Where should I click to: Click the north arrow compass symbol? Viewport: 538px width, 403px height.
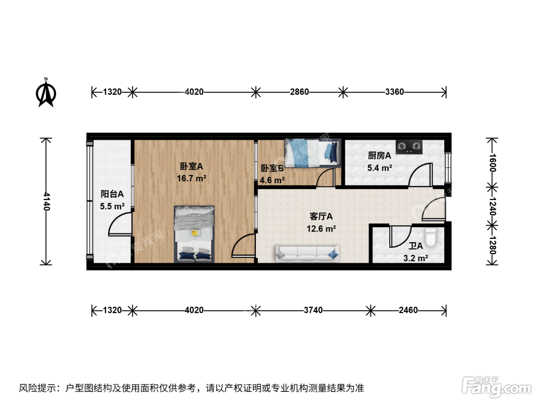[46, 92]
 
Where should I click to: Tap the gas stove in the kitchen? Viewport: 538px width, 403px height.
[409, 147]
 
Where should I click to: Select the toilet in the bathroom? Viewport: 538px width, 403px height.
[431, 237]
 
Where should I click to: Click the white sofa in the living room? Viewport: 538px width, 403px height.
[307, 254]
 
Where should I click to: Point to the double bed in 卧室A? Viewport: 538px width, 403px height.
[194, 234]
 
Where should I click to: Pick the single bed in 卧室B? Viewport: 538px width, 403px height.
[313, 153]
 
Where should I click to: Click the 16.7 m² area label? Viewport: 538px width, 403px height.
[191, 178]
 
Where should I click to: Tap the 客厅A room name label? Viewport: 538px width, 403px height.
[321, 216]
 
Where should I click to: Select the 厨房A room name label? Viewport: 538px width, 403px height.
[379, 155]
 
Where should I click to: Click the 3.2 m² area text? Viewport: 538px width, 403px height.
[416, 258]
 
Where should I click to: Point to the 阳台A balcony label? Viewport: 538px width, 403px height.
[112, 194]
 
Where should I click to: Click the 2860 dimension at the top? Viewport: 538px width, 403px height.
[299, 92]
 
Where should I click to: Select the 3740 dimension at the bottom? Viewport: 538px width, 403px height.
[313, 310]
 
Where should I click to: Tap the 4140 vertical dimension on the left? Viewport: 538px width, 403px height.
[46, 201]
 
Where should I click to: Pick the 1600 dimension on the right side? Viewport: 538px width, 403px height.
[492, 163]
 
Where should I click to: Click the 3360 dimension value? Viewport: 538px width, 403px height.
[394, 92]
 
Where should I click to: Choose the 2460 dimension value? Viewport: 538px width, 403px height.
[408, 310]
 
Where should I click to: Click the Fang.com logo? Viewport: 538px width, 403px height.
[496, 386]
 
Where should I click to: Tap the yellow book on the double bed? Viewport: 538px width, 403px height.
[195, 233]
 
